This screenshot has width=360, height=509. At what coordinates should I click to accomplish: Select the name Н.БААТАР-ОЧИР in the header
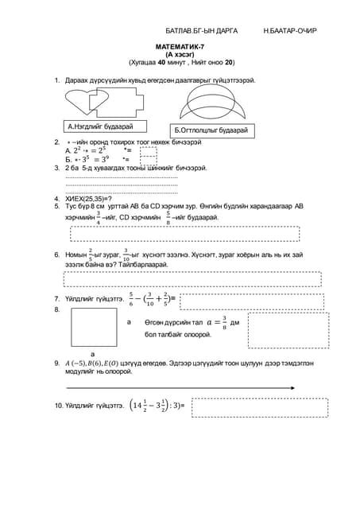pyautogui.click(x=290, y=30)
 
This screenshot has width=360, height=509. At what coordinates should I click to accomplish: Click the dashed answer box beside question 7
pyautogui.click(x=207, y=299)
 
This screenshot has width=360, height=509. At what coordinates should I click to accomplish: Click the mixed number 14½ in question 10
pyautogui.click(x=140, y=406)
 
